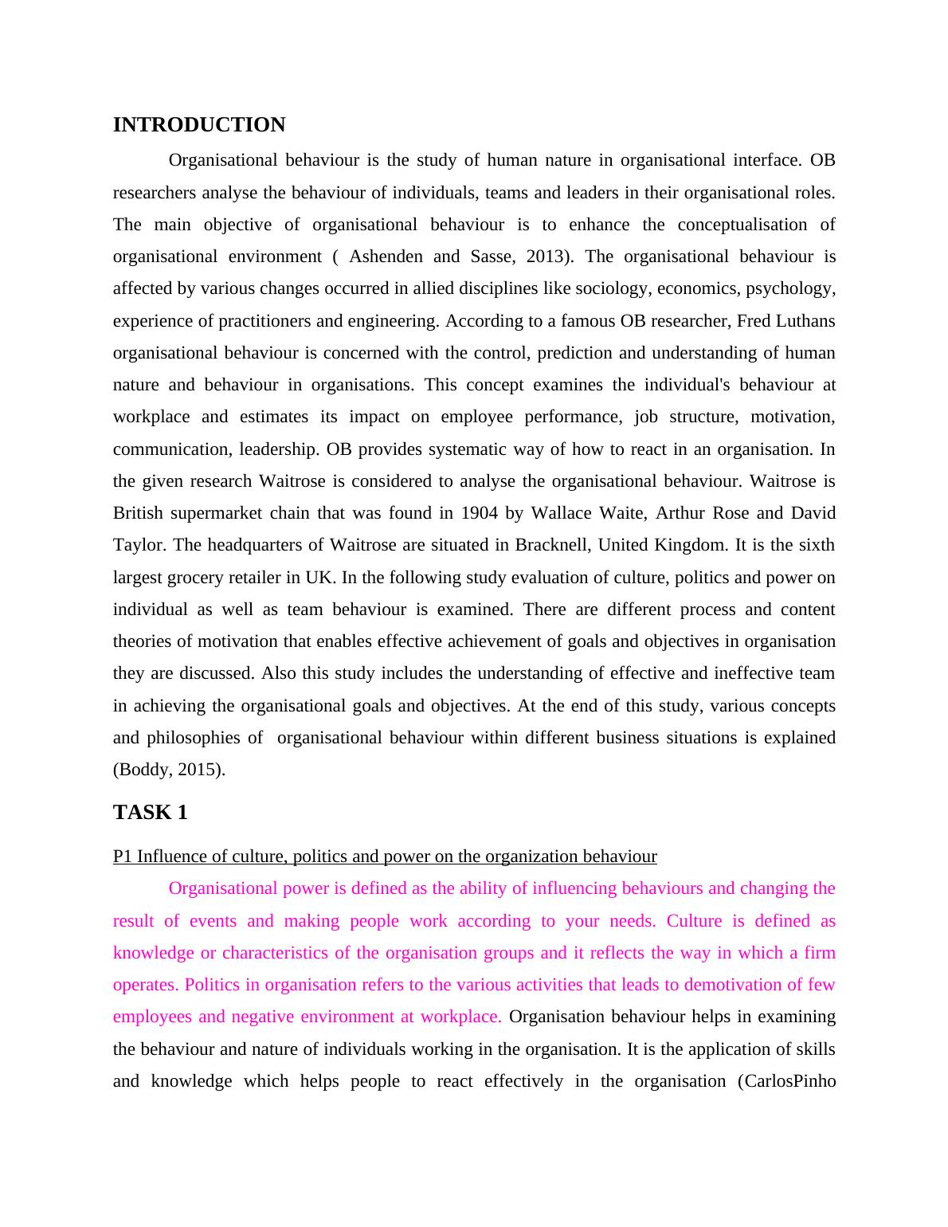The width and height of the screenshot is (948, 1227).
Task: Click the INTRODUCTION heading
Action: click(x=199, y=125)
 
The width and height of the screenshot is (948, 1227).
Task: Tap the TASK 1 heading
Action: click(x=150, y=813)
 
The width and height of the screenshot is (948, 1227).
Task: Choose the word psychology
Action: click(x=789, y=288)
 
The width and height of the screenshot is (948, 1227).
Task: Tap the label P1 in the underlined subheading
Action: click(x=122, y=857)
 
